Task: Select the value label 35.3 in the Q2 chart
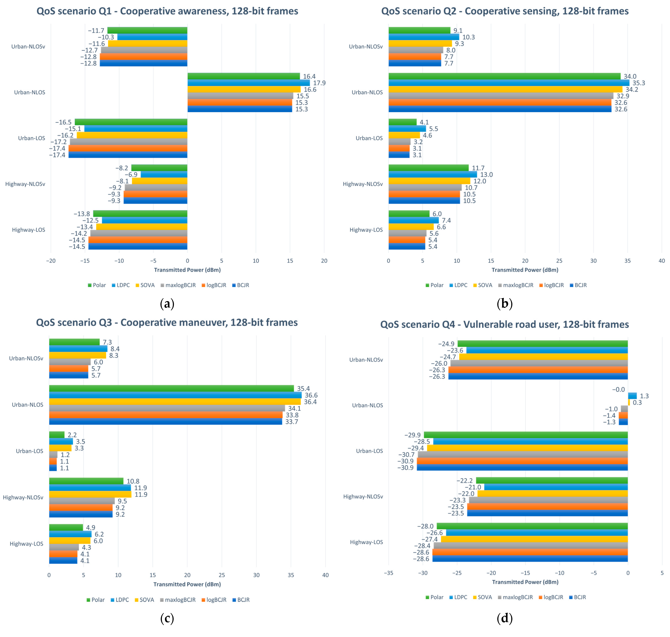pos(638,83)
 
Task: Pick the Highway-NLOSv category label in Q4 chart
pos(363,496)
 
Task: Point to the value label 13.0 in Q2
pos(486,175)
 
